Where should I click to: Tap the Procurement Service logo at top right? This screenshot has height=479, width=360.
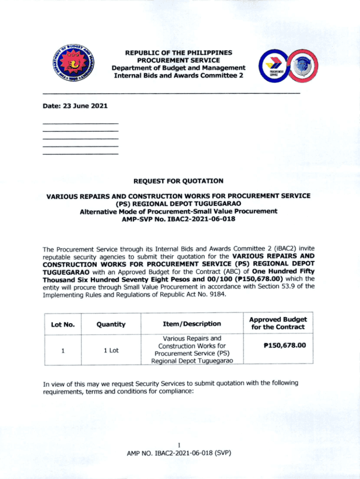[x=288, y=67]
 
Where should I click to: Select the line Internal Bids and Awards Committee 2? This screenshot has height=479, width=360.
[x=179, y=75]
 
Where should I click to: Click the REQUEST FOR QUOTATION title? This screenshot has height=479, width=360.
[x=178, y=181]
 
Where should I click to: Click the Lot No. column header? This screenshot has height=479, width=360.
[x=62, y=324]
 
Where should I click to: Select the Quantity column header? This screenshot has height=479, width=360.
[x=111, y=324]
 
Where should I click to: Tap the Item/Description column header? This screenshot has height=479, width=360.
[x=192, y=324]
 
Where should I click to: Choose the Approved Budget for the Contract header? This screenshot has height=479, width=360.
[x=278, y=323]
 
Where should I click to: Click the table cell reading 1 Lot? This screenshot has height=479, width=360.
[x=111, y=350]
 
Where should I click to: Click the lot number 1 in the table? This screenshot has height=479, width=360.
[x=62, y=350]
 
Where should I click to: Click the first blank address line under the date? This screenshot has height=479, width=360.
[x=80, y=123]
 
